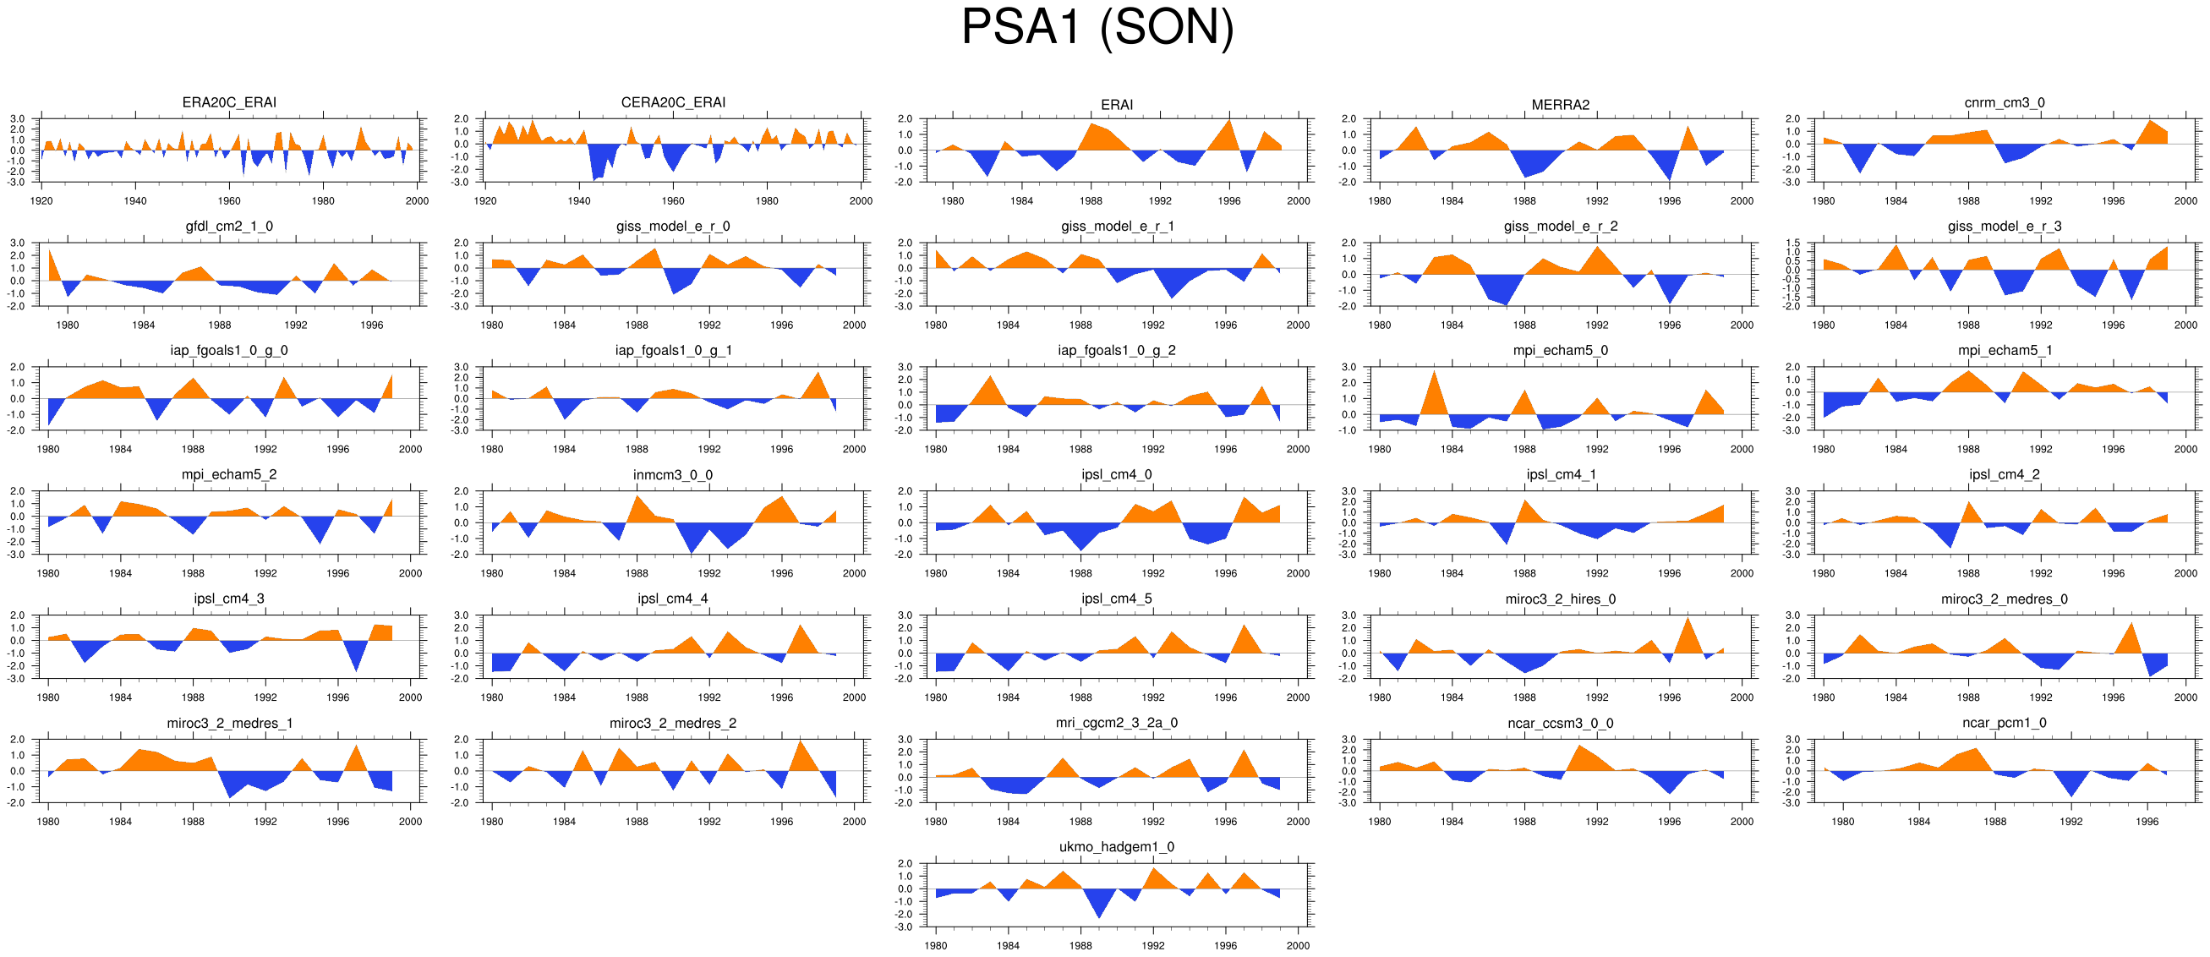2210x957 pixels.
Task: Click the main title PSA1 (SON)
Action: tap(1097, 27)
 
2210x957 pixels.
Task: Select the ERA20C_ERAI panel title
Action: tap(229, 103)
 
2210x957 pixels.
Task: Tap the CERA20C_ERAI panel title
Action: tap(673, 103)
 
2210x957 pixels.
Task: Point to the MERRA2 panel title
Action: tap(1560, 105)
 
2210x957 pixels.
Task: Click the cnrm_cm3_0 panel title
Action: tap(2004, 103)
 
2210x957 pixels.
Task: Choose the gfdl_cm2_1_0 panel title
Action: tap(229, 227)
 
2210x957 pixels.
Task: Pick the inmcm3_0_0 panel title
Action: tap(673, 475)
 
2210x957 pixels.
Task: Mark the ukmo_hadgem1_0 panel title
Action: tap(1116, 847)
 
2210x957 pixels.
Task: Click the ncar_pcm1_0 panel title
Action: tap(2004, 723)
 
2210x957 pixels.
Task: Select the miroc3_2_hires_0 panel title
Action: tap(1560, 599)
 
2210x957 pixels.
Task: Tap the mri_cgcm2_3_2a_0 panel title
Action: tap(1116, 723)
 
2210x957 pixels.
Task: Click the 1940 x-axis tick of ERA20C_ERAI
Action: tap(135, 201)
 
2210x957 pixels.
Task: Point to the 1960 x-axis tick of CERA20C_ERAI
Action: tap(673, 201)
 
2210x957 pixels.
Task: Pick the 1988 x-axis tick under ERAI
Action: tap(1091, 201)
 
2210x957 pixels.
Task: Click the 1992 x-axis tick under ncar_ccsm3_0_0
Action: tap(1596, 822)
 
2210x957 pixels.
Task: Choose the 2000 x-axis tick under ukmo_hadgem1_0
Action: tap(1298, 946)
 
